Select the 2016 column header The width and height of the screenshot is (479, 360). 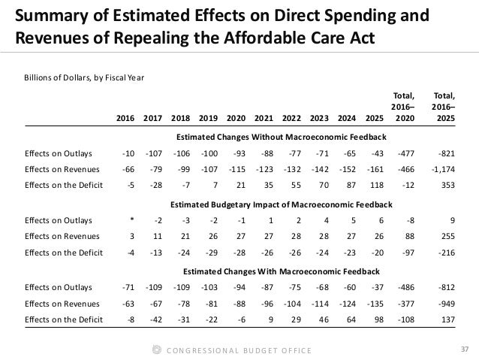click(127, 118)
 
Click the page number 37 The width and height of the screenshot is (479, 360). click(462, 346)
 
